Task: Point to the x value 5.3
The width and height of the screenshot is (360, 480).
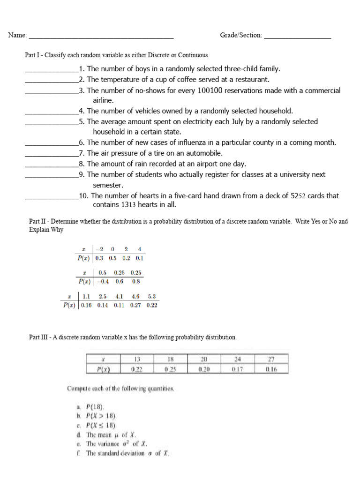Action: point(152,296)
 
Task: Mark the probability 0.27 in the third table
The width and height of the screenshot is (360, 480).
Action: point(136,305)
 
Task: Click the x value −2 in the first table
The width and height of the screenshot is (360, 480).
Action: point(99,249)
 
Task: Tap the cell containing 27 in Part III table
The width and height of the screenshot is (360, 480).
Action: point(270,360)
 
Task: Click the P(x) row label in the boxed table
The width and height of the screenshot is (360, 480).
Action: point(103,369)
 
